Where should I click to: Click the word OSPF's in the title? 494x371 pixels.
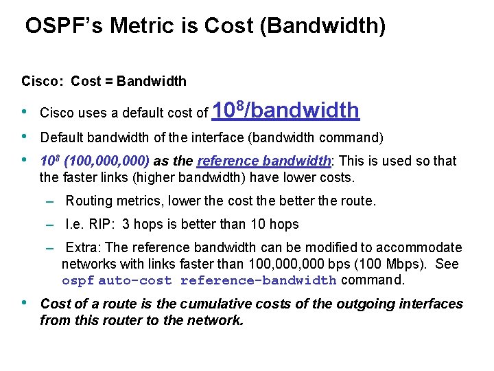tap(63, 26)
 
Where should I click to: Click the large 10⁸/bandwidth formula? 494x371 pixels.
tap(286, 109)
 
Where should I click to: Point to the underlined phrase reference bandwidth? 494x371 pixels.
tap(263, 161)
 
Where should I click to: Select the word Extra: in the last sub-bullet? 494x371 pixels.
tap(84, 247)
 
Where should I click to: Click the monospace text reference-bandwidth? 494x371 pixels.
tap(258, 280)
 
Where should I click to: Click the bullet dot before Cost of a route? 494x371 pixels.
tap(25, 303)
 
